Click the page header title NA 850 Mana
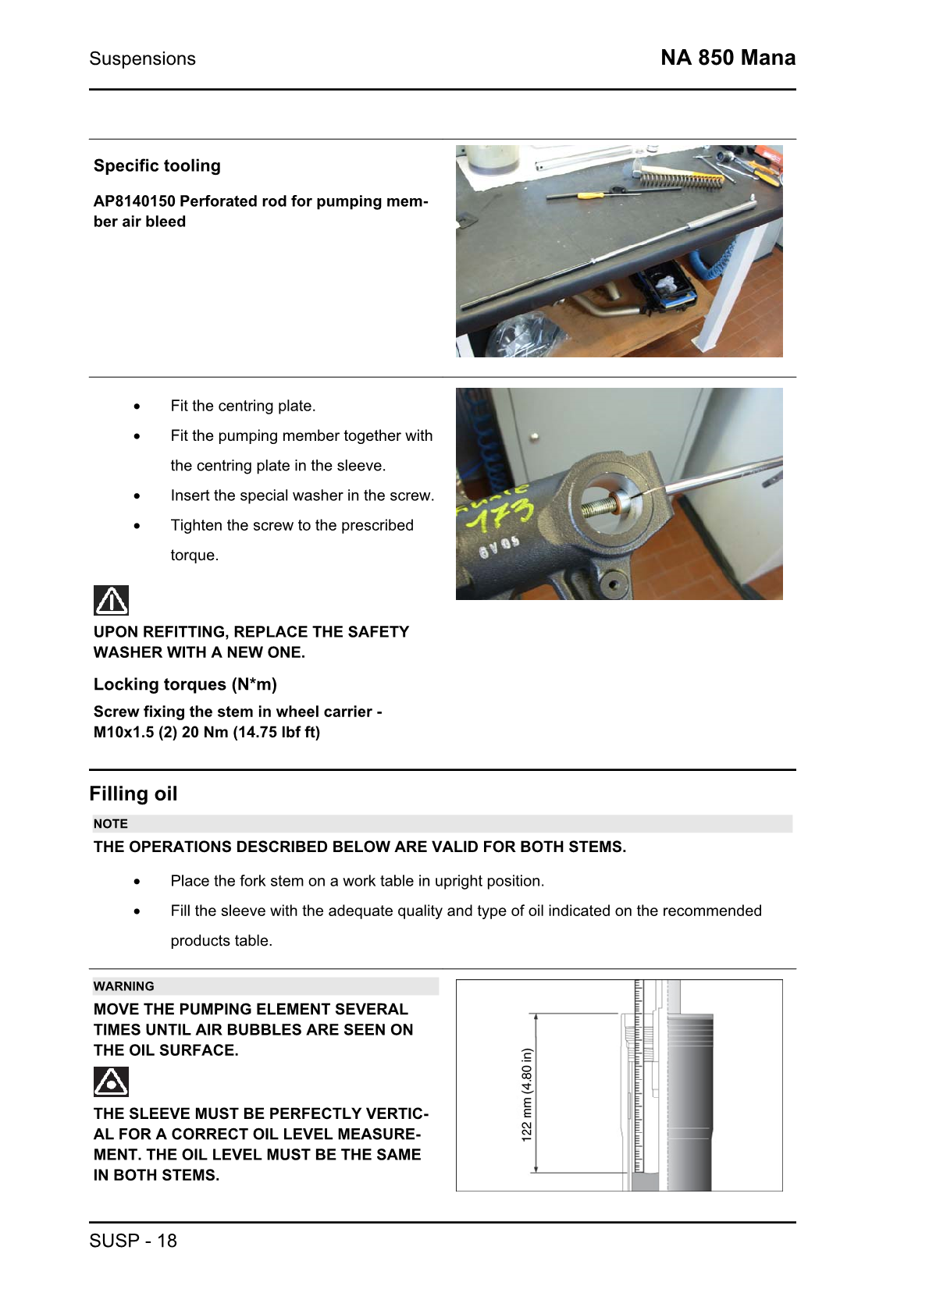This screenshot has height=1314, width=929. tap(728, 58)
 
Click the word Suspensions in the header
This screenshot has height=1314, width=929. tap(142, 59)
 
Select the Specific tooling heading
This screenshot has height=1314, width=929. tap(157, 165)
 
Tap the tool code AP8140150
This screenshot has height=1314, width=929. tap(133, 201)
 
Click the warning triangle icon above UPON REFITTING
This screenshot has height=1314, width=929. tap(111, 600)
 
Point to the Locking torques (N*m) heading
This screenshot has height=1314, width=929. tap(185, 684)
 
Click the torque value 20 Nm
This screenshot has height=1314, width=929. tap(205, 732)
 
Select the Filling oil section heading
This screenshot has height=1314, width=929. tap(133, 794)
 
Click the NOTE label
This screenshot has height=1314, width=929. tap(110, 824)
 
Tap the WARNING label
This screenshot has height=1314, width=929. tap(123, 986)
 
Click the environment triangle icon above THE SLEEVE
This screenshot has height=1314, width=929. tap(111, 1081)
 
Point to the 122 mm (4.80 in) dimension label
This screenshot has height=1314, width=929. tap(527, 1094)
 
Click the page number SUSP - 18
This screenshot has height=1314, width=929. tap(133, 1241)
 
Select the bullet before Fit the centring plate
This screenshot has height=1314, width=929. tap(137, 407)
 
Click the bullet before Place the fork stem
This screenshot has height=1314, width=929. tap(137, 882)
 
